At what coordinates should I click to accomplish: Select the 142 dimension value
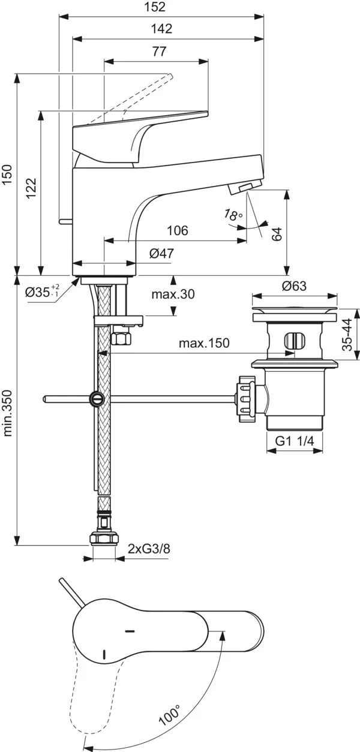(162, 29)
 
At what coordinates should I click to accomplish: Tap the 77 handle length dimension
(158, 52)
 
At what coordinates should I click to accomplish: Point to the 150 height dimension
(7, 175)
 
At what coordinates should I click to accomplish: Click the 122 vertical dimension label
(32, 190)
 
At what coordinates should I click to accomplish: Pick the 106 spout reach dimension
(177, 231)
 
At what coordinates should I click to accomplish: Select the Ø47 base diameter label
(161, 254)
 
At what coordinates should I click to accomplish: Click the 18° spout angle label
(233, 215)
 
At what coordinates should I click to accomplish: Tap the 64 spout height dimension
(277, 234)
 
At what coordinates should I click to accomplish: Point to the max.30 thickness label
(173, 294)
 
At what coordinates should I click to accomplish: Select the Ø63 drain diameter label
(294, 286)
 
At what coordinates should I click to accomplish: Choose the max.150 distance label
(204, 344)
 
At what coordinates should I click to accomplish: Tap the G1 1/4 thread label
(295, 441)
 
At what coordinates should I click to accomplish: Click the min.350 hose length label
(8, 421)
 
